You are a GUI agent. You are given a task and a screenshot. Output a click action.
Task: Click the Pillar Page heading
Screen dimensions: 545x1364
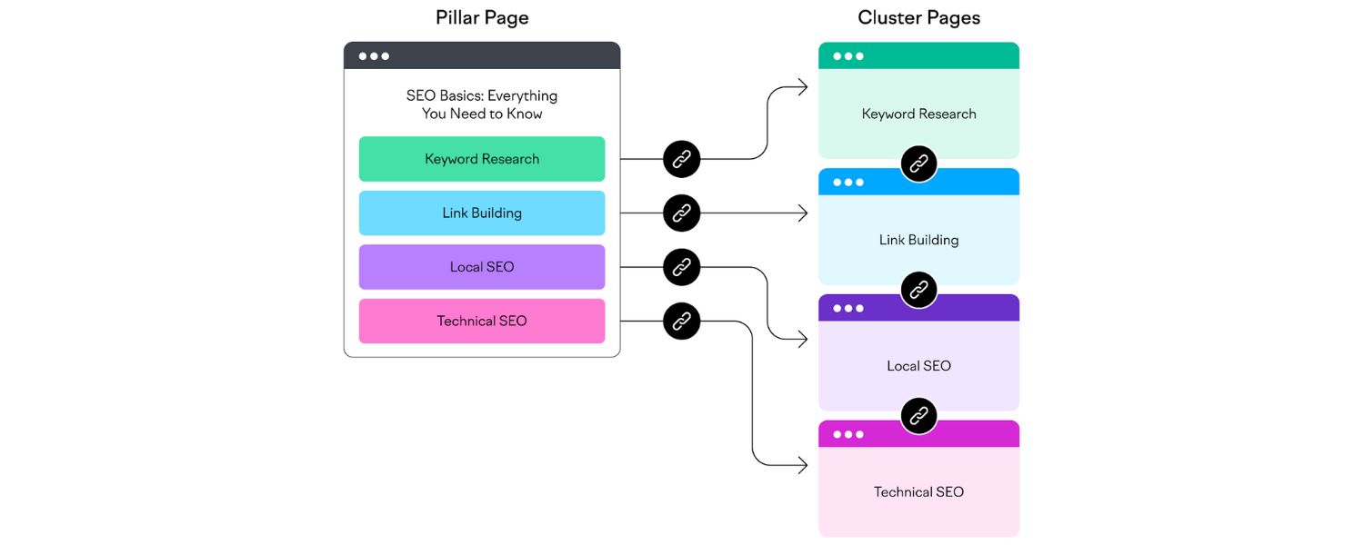click(482, 17)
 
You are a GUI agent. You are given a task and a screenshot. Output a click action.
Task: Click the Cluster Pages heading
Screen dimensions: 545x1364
click(918, 17)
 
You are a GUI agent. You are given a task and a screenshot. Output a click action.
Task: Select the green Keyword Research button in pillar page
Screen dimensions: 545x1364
click(482, 159)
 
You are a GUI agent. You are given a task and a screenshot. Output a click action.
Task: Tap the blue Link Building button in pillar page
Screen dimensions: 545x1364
click(482, 213)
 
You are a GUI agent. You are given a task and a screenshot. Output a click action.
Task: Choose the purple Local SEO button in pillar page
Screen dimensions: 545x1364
click(482, 267)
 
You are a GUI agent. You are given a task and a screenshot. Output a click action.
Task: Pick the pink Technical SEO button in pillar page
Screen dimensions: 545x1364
click(482, 321)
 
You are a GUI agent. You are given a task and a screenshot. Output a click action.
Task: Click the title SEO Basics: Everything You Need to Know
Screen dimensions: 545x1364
click(482, 104)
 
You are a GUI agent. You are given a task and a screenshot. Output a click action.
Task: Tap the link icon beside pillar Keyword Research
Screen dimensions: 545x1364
click(681, 159)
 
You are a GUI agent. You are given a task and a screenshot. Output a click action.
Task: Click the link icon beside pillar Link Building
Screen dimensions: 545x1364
click(681, 213)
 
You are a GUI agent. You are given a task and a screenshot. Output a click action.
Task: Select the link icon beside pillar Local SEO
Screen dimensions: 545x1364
click(681, 267)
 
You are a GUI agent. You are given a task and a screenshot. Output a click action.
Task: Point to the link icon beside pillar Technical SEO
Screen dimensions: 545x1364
click(681, 321)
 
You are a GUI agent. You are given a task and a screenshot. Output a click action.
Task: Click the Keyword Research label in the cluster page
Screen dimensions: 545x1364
click(918, 114)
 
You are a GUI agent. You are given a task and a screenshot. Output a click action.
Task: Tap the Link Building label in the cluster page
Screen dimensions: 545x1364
click(918, 240)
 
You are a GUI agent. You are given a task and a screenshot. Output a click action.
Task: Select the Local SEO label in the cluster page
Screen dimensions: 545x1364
click(918, 366)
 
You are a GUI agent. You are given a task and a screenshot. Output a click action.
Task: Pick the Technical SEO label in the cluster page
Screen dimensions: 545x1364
click(918, 491)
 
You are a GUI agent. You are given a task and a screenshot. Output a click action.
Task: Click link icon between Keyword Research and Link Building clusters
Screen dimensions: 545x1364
click(918, 163)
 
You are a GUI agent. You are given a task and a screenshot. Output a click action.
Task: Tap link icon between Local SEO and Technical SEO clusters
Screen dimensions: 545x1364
click(918, 416)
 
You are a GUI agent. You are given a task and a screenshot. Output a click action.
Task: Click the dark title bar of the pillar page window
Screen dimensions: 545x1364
click(482, 55)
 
